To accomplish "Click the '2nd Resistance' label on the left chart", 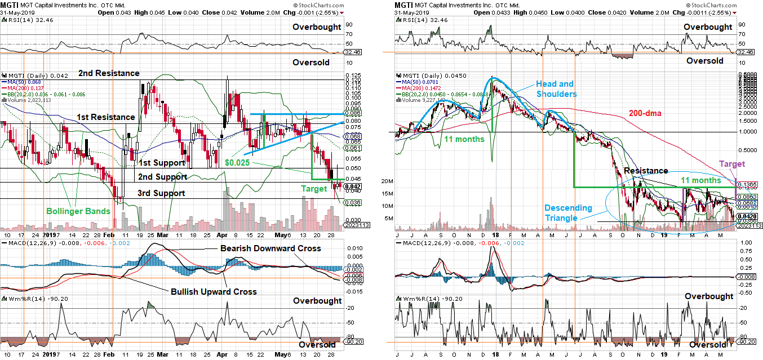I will pyautogui.click(x=109, y=73).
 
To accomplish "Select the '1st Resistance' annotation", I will pyautogui.click(x=106, y=117).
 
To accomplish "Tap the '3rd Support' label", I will pyautogui.click(x=162, y=193).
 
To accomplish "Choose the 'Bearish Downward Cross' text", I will pyautogui.click(x=270, y=248).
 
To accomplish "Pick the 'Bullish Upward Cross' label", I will pyautogui.click(x=214, y=291).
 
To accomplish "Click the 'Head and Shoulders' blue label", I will pyautogui.click(x=556, y=89).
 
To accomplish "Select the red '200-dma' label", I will pyautogui.click(x=646, y=113).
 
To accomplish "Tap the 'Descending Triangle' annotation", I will pyautogui.click(x=568, y=212).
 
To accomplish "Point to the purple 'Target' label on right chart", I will pyautogui.click(x=733, y=163).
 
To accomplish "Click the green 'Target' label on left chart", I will pyautogui.click(x=313, y=189).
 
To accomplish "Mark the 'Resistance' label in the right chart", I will pyautogui.click(x=645, y=171).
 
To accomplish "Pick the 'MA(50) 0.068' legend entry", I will pyautogui.click(x=20, y=82).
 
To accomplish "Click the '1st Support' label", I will pyautogui.click(x=162, y=163).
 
